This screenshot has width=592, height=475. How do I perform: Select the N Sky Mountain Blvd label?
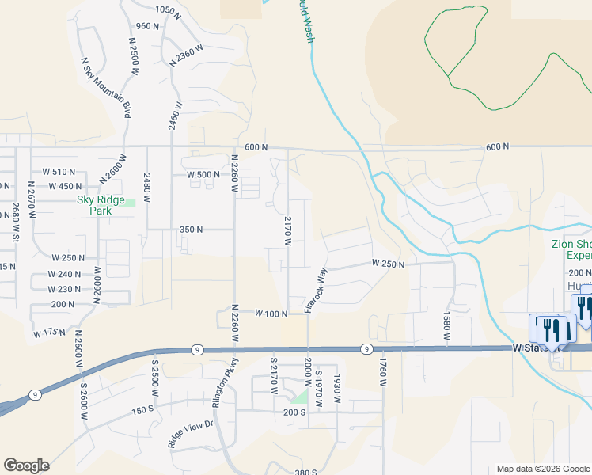click(106, 87)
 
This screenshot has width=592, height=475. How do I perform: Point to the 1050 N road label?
click(167, 9)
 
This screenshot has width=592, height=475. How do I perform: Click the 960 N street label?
click(147, 26)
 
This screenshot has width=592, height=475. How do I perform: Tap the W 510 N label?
click(59, 172)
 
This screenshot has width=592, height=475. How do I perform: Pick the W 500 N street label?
click(203, 175)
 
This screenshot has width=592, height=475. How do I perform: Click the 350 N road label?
click(192, 230)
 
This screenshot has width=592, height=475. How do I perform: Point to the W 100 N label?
click(271, 314)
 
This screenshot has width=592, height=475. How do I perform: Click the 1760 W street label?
click(382, 371)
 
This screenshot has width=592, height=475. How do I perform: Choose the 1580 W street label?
click(447, 325)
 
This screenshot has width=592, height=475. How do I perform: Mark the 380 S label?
click(305, 472)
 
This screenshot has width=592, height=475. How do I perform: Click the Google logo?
click(26, 465)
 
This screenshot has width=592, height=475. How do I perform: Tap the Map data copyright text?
click(543, 469)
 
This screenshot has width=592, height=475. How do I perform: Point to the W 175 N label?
click(49, 333)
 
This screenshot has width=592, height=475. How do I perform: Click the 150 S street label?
click(142, 409)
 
